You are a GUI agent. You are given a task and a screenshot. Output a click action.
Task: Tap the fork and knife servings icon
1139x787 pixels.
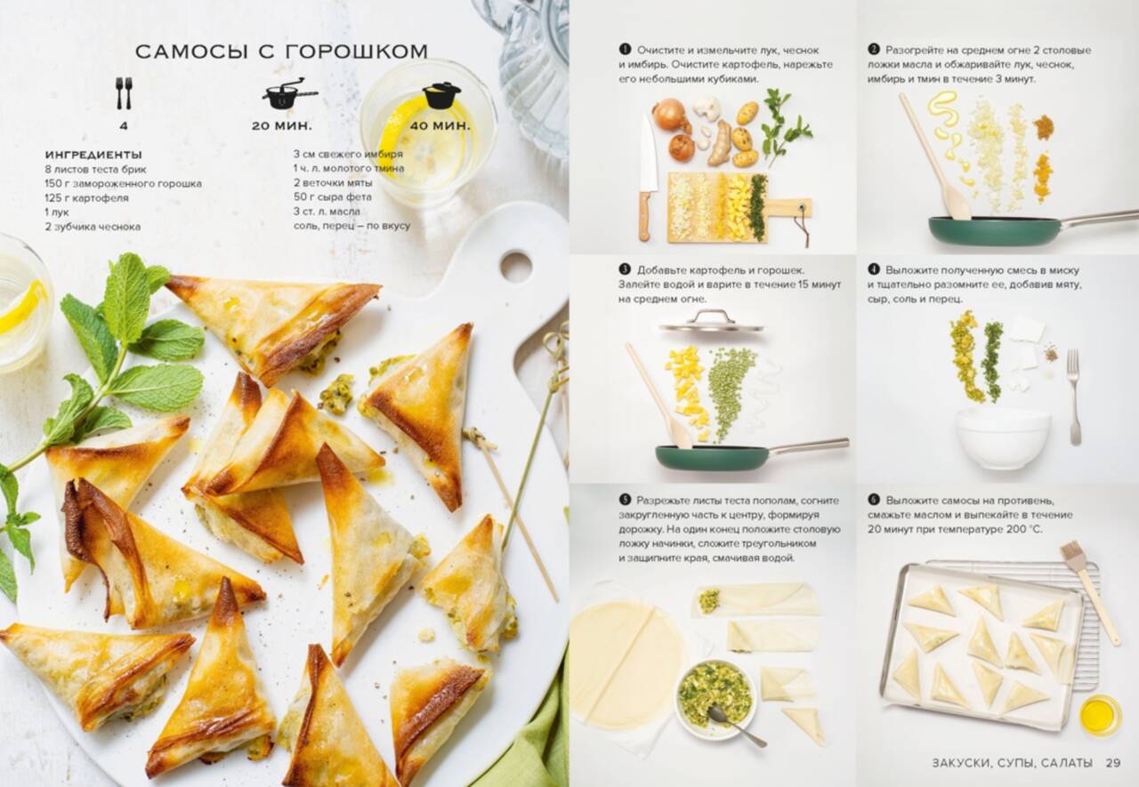pos(124,93)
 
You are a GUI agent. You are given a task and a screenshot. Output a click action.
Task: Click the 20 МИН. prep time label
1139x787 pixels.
pos(282,126)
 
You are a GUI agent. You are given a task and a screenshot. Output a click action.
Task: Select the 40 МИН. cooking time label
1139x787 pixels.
pos(440,125)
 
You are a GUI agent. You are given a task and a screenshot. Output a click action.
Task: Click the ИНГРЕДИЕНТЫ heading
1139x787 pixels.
pos(93,155)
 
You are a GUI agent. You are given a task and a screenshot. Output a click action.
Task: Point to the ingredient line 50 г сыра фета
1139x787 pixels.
pos(333,197)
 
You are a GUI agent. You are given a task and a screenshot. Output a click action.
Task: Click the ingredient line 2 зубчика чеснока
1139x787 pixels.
pos(93,227)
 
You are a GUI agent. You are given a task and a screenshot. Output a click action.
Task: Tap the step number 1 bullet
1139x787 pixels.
pos(625,50)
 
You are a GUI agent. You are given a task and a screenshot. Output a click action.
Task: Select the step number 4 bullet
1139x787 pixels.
pos(874,269)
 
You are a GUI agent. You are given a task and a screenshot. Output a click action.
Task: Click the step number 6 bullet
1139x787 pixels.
pos(874,500)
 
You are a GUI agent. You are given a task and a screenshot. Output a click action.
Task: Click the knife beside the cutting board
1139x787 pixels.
pos(647,178)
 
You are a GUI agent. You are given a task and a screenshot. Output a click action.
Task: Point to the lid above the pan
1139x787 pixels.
pos(711,323)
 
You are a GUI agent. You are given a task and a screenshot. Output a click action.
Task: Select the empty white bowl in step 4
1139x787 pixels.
pos(1003,438)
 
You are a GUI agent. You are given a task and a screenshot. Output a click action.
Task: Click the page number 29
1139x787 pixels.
pos(1113,763)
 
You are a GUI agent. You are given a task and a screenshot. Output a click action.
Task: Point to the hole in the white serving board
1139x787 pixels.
pos(515,266)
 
